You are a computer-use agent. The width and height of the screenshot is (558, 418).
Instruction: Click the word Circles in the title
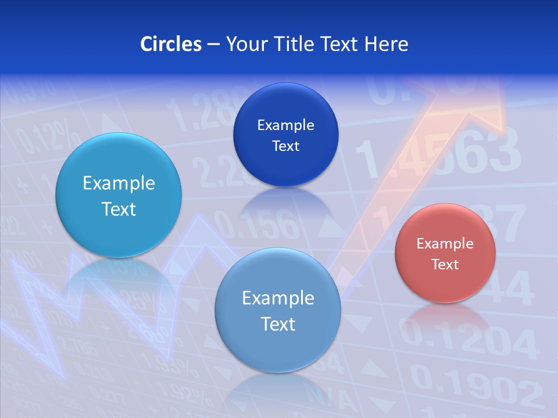pyautogui.click(x=170, y=44)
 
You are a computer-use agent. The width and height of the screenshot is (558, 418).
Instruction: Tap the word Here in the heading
pyautogui.click(x=386, y=44)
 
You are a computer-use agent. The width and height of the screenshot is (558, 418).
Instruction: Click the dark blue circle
pyautogui.click(x=285, y=135)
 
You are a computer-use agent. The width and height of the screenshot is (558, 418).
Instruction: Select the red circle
pyautogui.click(x=445, y=253)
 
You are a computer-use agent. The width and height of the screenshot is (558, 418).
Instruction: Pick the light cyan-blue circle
pyautogui.click(x=119, y=195)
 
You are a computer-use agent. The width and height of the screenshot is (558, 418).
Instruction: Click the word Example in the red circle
pyautogui.click(x=445, y=244)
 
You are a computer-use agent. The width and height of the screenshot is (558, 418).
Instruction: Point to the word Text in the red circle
pyautogui.click(x=445, y=265)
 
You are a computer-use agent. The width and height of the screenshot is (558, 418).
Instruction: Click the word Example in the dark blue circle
pyautogui.click(x=285, y=125)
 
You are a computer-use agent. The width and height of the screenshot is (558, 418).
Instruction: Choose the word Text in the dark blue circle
pyautogui.click(x=285, y=146)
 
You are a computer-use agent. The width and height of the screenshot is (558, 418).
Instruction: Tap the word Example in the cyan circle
pyautogui.click(x=119, y=183)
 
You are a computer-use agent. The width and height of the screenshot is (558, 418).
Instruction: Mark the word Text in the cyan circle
pyautogui.click(x=119, y=209)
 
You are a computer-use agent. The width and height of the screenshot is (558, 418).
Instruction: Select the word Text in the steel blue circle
pyautogui.click(x=278, y=324)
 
